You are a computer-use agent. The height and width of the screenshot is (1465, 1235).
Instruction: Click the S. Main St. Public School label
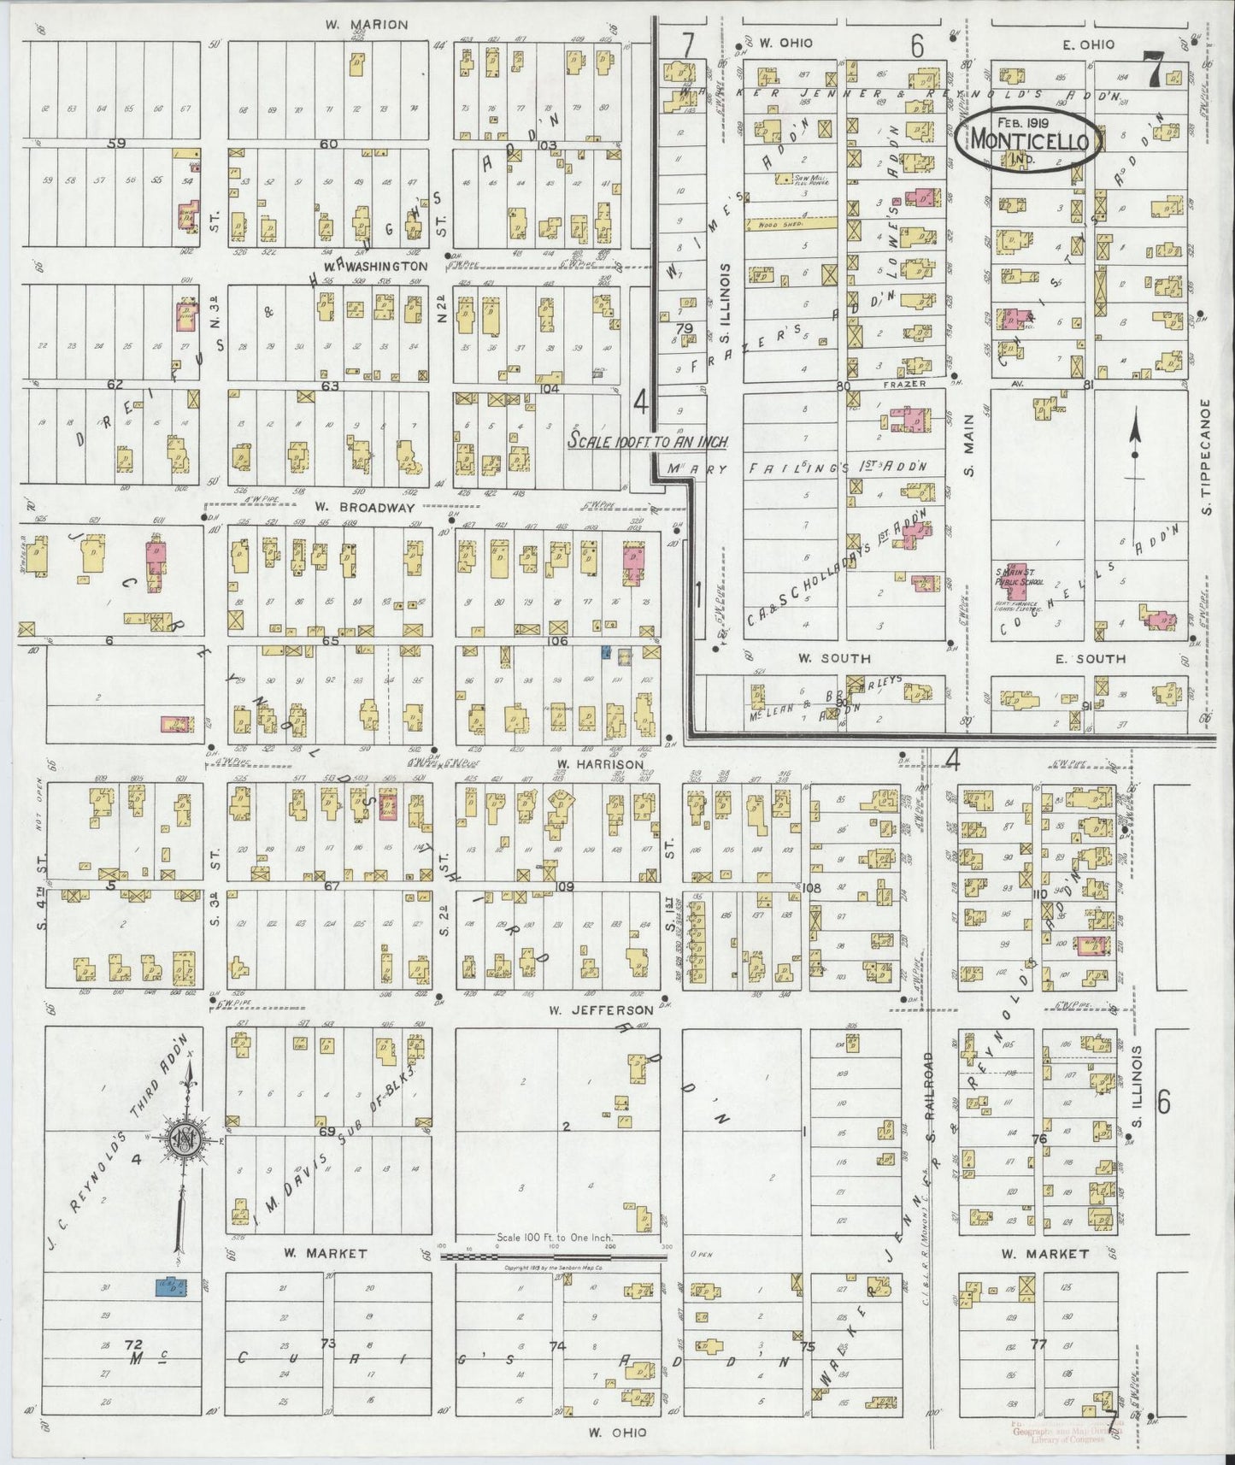[1018, 577]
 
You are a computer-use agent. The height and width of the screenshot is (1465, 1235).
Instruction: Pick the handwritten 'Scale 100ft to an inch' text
[648, 442]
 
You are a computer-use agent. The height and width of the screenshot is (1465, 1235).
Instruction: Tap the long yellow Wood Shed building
[790, 225]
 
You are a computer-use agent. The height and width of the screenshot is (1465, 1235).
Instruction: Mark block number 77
[1038, 1344]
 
